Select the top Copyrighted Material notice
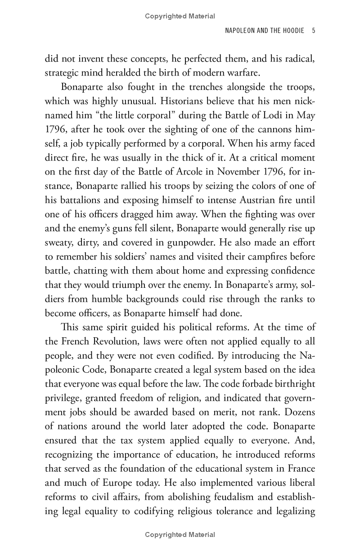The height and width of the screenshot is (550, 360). tap(180, 17)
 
